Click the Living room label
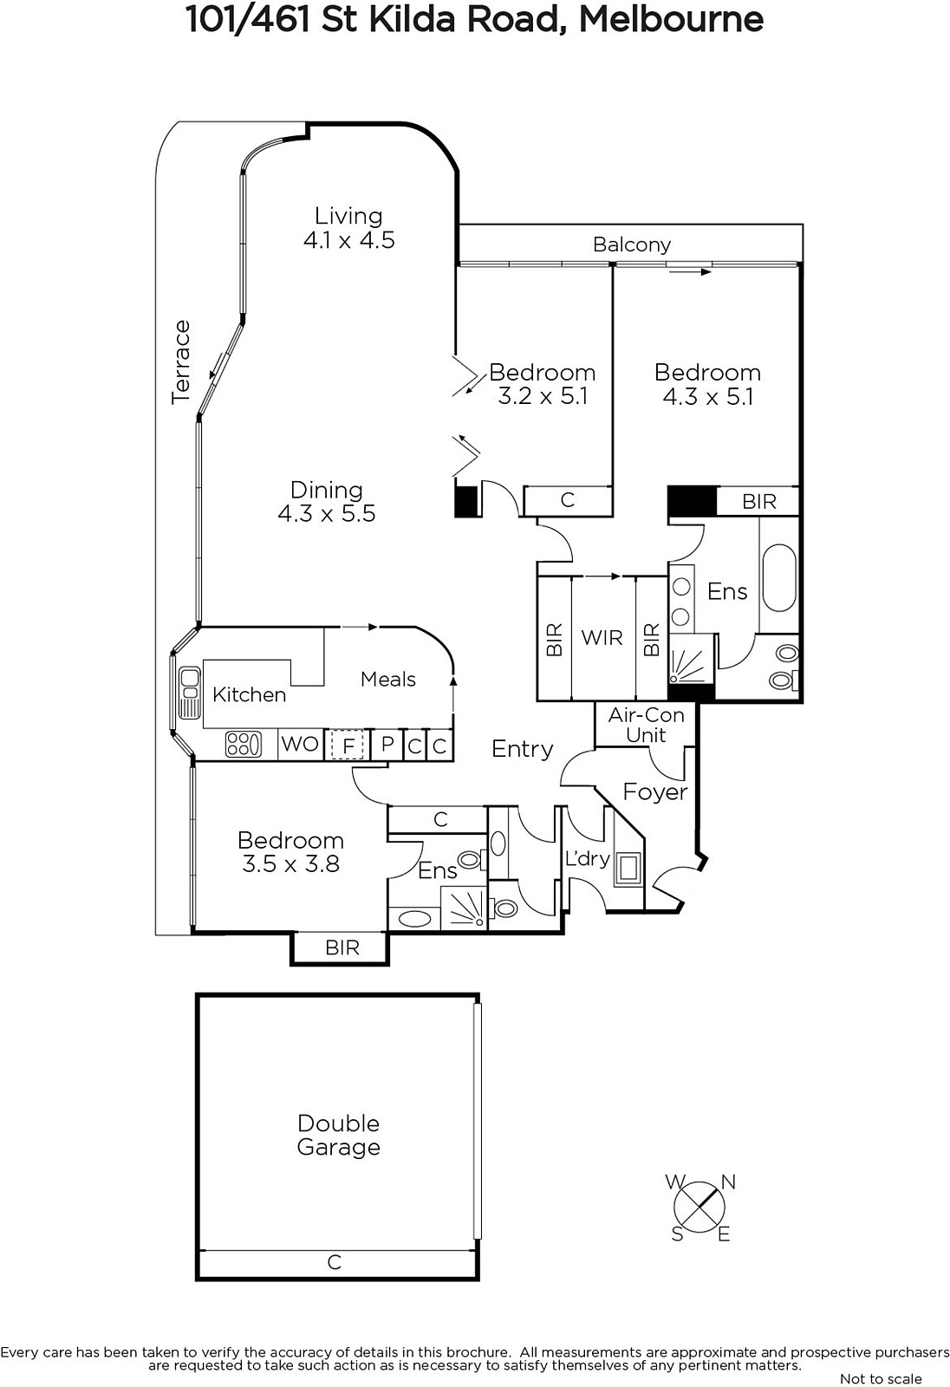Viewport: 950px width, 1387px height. point(348,216)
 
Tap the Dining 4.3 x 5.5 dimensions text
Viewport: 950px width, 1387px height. point(327,513)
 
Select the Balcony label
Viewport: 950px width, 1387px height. point(632,245)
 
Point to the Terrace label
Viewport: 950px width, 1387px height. point(181,362)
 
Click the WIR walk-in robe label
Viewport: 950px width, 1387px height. point(602,637)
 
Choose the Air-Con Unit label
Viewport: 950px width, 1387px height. point(646,725)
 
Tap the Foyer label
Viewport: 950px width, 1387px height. point(655,792)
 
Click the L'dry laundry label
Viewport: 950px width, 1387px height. point(588,858)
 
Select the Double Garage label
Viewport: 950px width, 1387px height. point(338,1135)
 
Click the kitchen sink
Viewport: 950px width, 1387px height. point(190,693)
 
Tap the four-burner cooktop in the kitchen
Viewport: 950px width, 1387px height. point(244,744)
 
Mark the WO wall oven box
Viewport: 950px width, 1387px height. point(301,744)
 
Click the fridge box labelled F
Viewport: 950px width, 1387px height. point(348,745)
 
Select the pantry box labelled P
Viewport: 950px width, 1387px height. point(387,745)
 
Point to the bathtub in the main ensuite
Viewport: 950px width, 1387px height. point(778,577)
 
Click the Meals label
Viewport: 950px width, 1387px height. point(388,680)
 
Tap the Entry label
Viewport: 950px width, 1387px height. point(522,749)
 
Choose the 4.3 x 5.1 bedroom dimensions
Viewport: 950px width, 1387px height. point(708,396)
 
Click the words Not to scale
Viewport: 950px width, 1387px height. point(881,1378)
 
